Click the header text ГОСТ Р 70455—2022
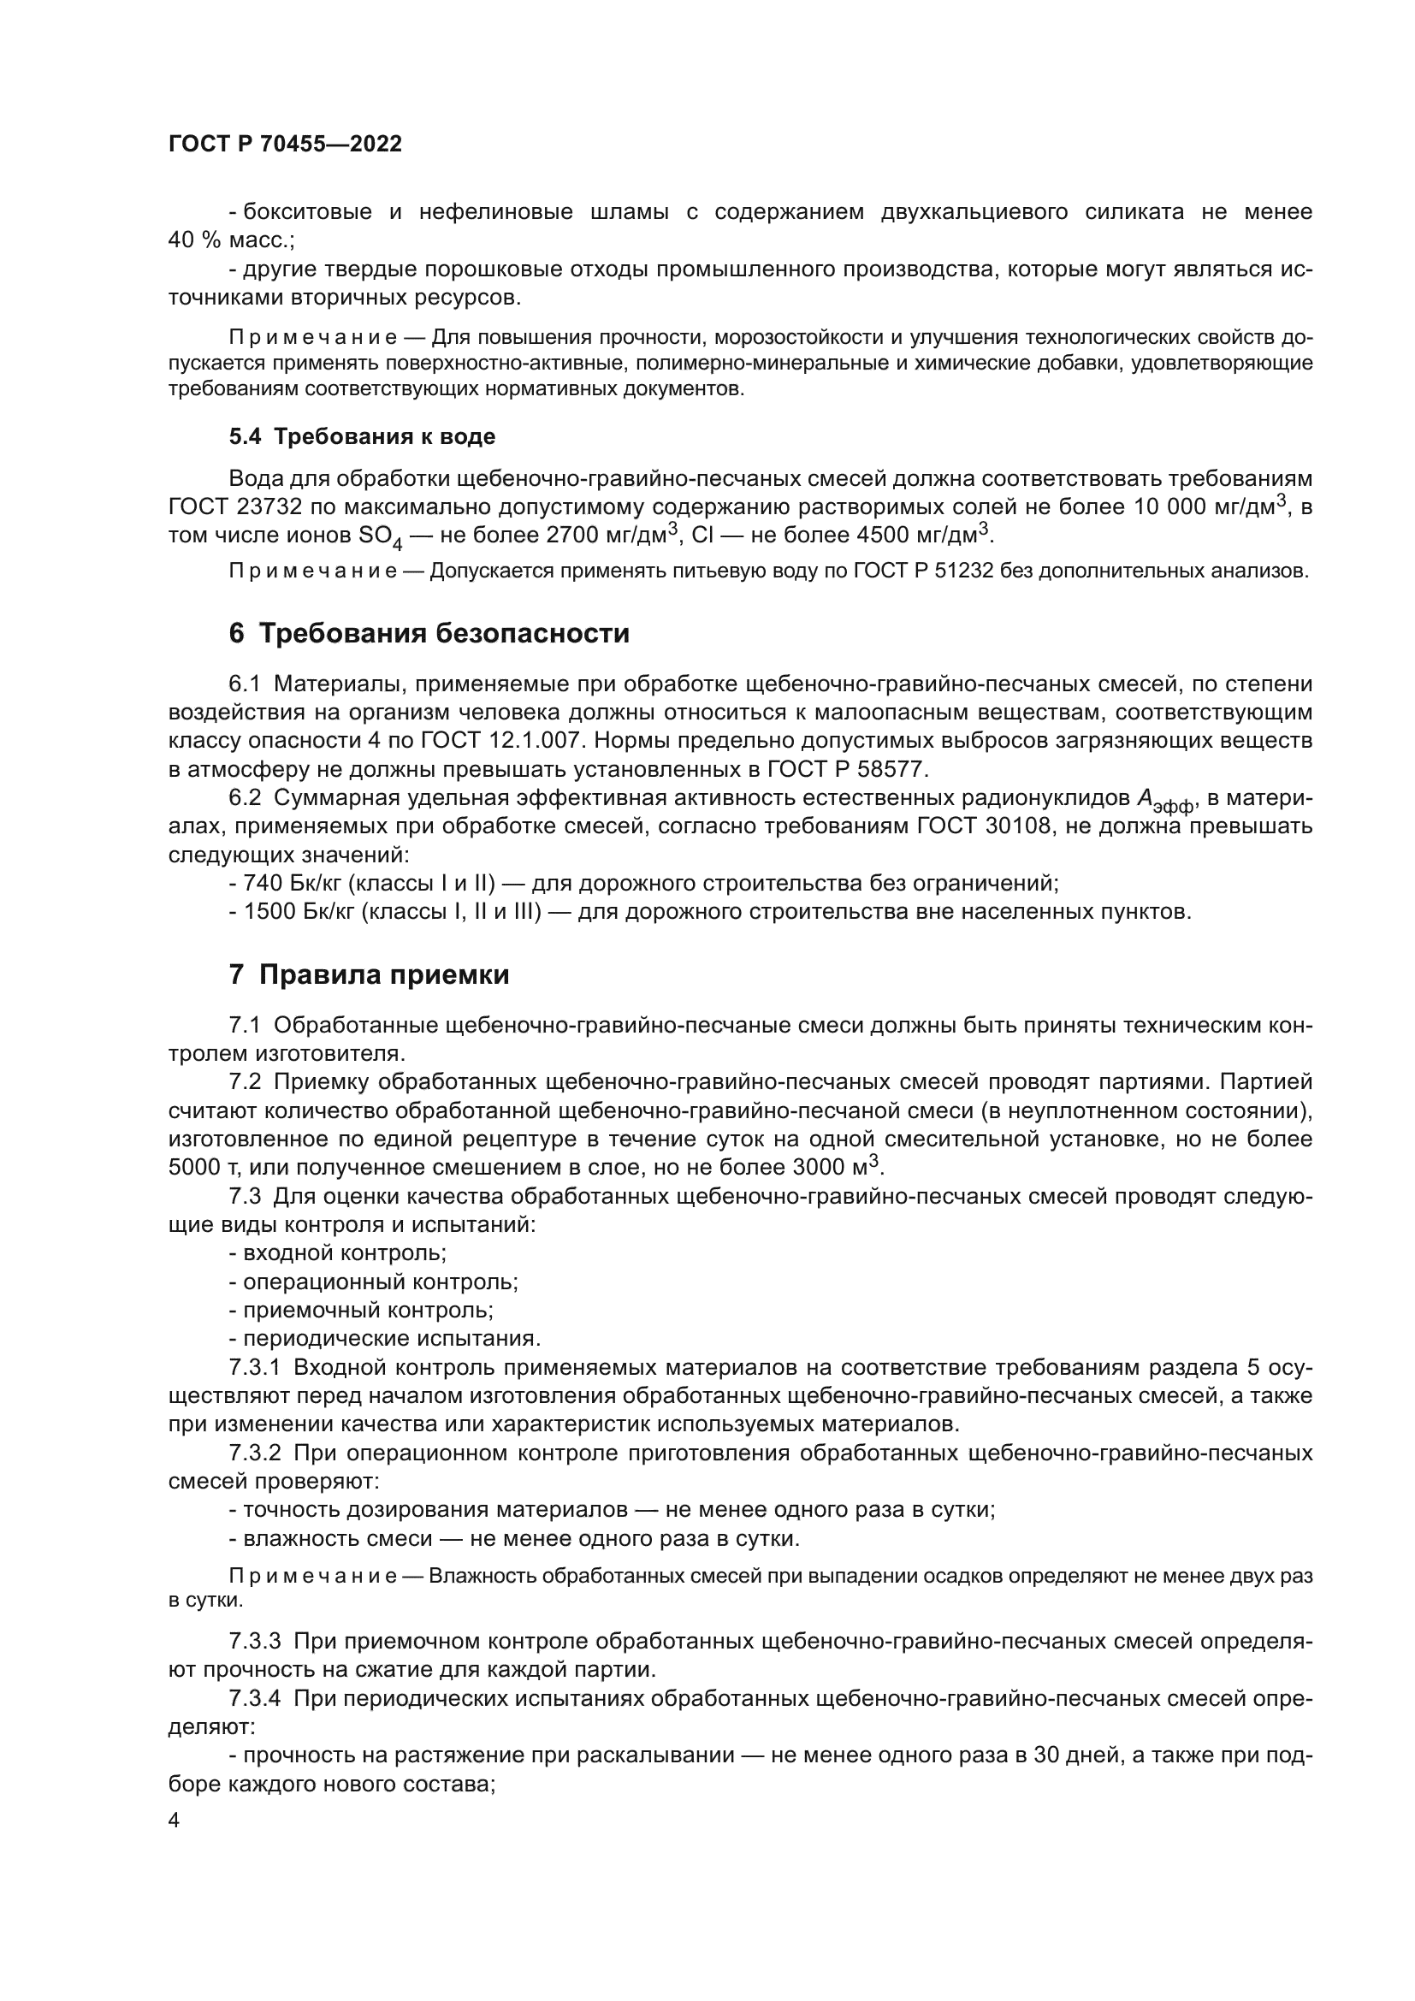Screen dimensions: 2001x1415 (x=285, y=145)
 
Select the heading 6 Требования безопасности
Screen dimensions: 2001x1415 (x=429, y=633)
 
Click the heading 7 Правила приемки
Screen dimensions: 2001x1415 (x=369, y=974)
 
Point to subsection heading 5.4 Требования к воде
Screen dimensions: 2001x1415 (x=362, y=436)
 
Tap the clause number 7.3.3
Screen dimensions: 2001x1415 (x=254, y=1642)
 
